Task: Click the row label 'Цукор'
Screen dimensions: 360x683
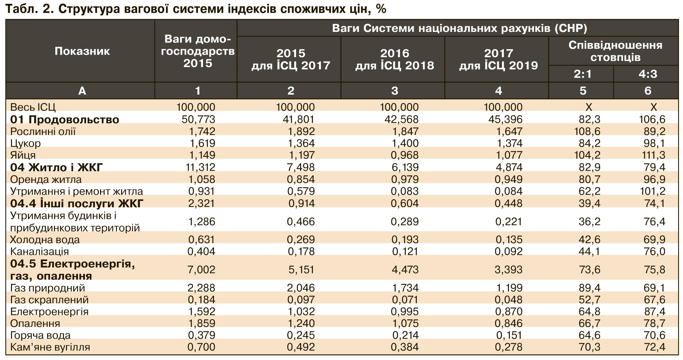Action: coord(25,143)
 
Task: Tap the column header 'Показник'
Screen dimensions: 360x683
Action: coord(82,51)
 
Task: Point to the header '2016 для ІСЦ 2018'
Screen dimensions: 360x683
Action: coord(394,59)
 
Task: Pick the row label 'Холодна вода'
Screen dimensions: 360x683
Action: coord(45,240)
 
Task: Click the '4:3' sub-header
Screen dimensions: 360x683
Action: coord(647,74)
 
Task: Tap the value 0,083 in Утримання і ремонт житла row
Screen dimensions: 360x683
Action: coord(405,191)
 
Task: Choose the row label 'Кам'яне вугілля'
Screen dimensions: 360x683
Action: coord(50,347)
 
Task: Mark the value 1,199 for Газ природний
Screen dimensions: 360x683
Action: coord(509,288)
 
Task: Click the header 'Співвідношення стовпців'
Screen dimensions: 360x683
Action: coord(615,51)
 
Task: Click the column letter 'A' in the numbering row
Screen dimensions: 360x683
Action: coord(82,91)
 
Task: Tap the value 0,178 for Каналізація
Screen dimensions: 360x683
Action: coord(301,251)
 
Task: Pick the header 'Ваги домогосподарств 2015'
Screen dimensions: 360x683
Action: coord(197,51)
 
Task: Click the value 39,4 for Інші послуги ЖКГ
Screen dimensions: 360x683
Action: coord(589,203)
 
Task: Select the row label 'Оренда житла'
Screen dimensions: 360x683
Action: coord(46,180)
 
